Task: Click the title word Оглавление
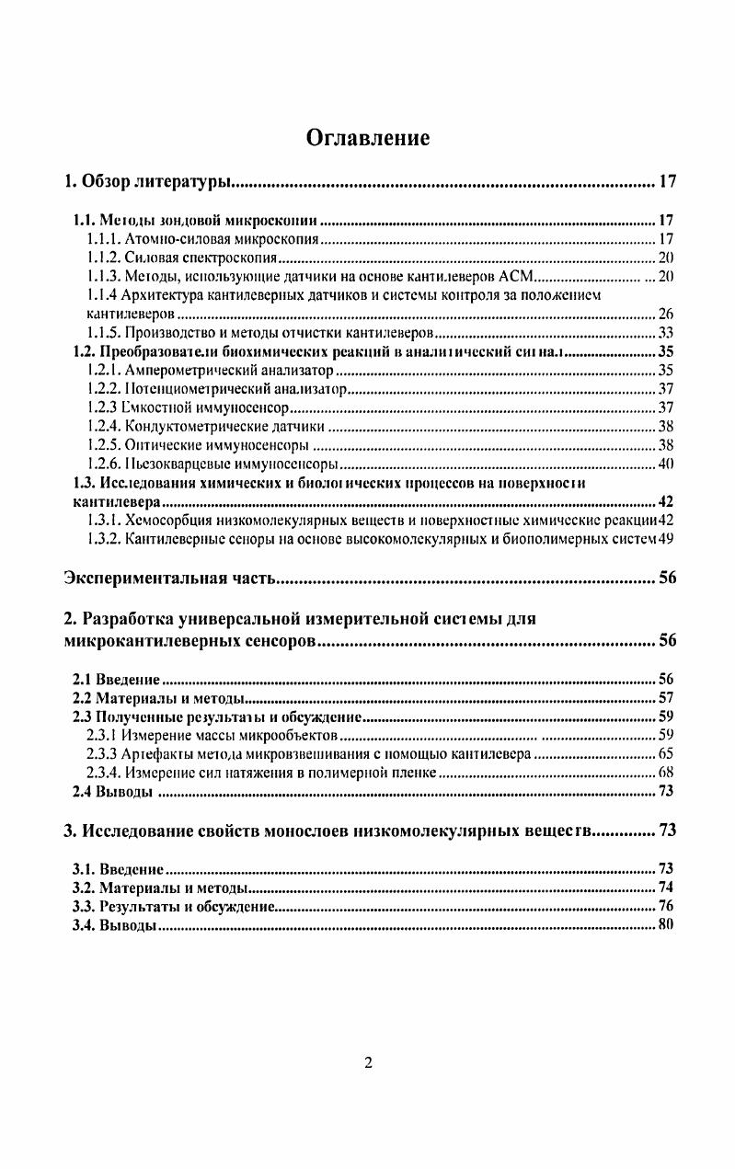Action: click(x=368, y=138)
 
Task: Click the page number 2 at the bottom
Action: click(x=368, y=1064)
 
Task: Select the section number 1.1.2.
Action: click(x=104, y=258)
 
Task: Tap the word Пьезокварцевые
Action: click(x=176, y=464)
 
